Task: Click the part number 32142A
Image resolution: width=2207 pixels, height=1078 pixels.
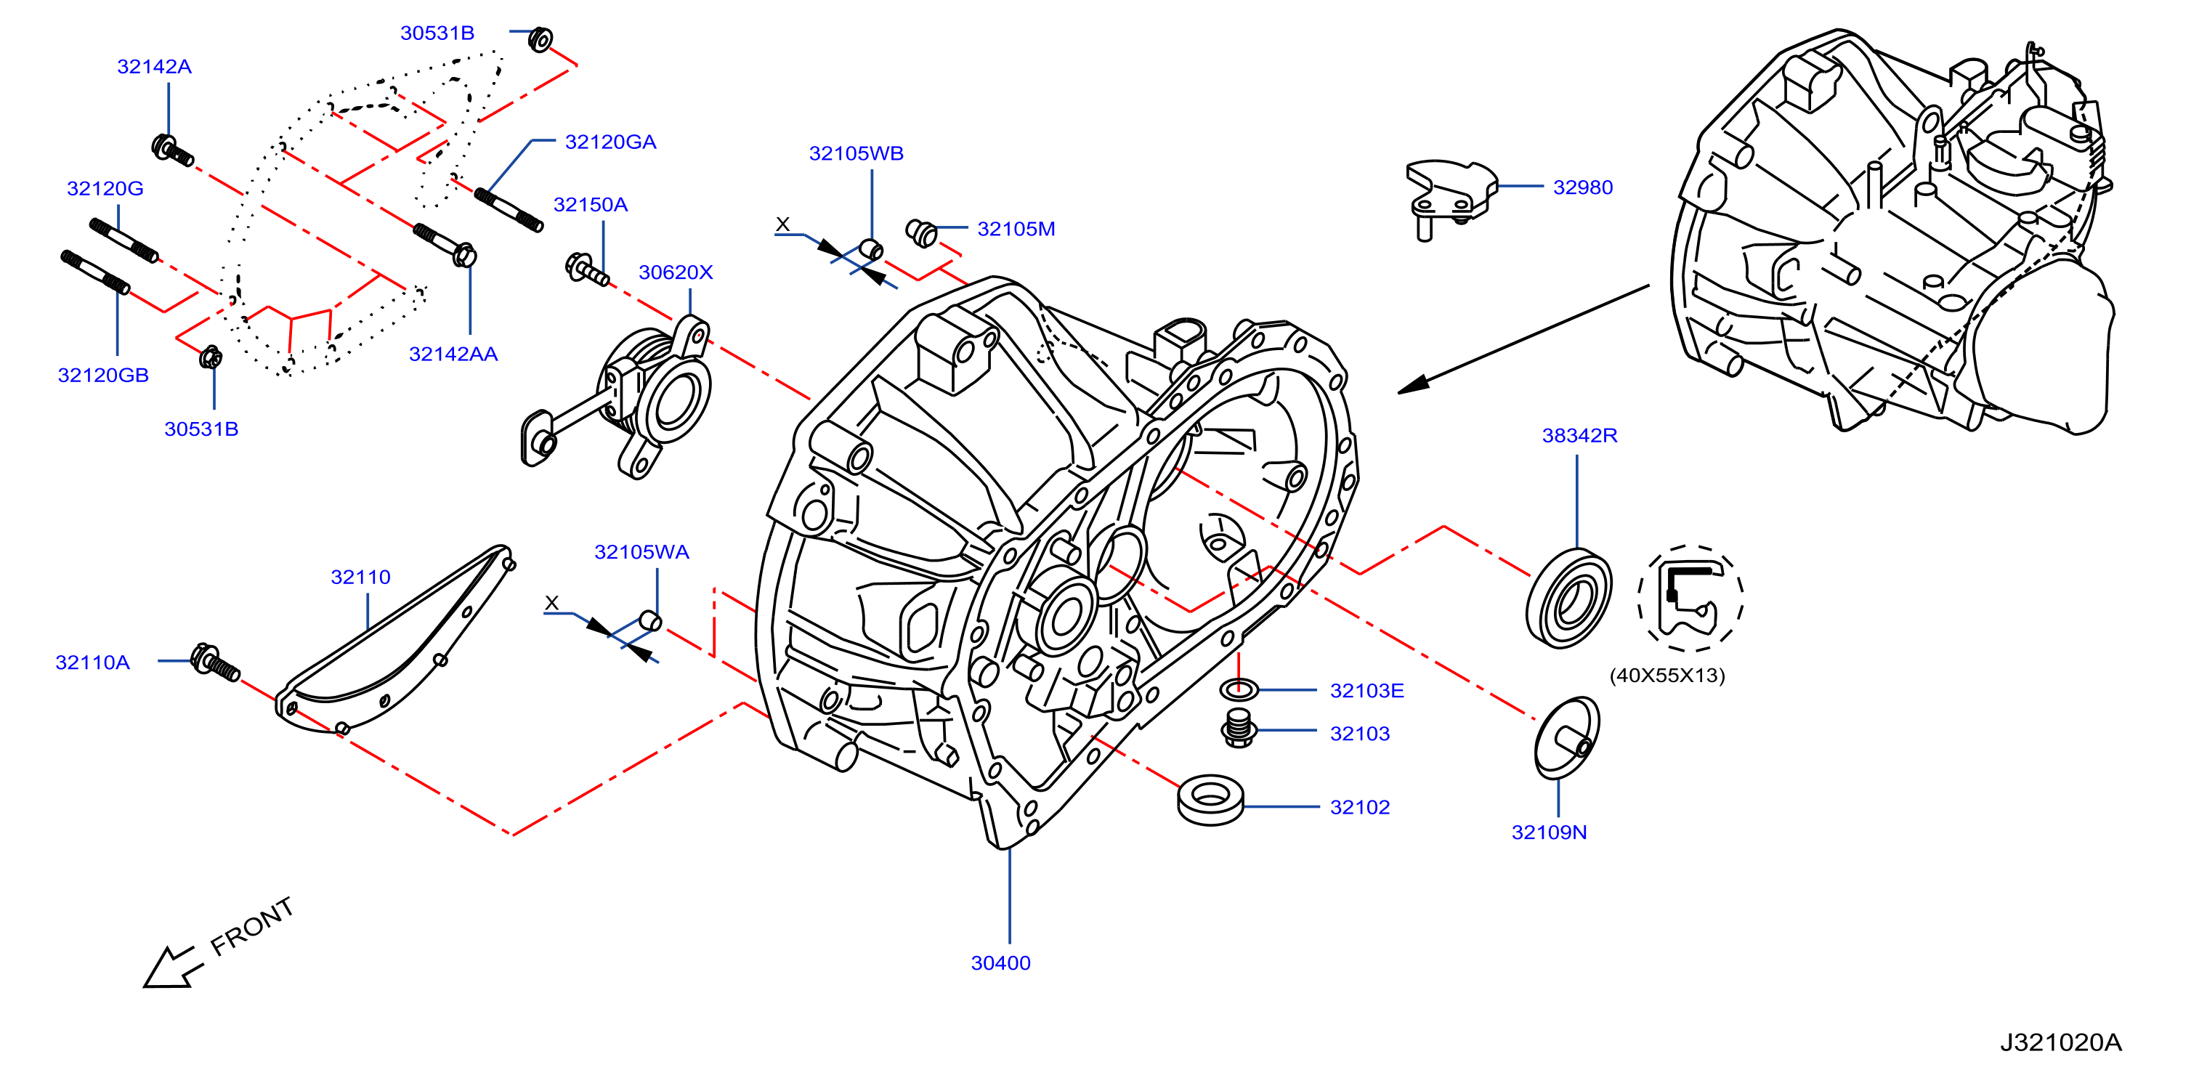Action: pyautogui.click(x=154, y=67)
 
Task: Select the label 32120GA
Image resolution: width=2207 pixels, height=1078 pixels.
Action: pyautogui.click(x=610, y=142)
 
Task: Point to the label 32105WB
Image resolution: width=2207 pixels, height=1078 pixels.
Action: pyautogui.click(x=856, y=153)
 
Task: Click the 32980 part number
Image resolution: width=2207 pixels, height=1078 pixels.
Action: pyautogui.click(x=1582, y=187)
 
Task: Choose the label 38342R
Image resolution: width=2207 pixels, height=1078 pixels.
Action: pyautogui.click(x=1579, y=435)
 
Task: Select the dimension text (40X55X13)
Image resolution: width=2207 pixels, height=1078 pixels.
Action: pyautogui.click(x=1667, y=676)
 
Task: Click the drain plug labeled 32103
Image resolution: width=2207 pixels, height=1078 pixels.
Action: pyautogui.click(x=1239, y=729)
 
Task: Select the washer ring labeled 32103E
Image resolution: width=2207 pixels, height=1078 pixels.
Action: pyautogui.click(x=1239, y=688)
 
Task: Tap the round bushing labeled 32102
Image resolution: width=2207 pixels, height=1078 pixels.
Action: pyautogui.click(x=1210, y=800)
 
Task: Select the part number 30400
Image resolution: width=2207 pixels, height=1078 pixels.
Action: pyautogui.click(x=1000, y=963)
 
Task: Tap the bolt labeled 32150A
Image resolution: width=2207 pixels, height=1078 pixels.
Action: pyautogui.click(x=587, y=269)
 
